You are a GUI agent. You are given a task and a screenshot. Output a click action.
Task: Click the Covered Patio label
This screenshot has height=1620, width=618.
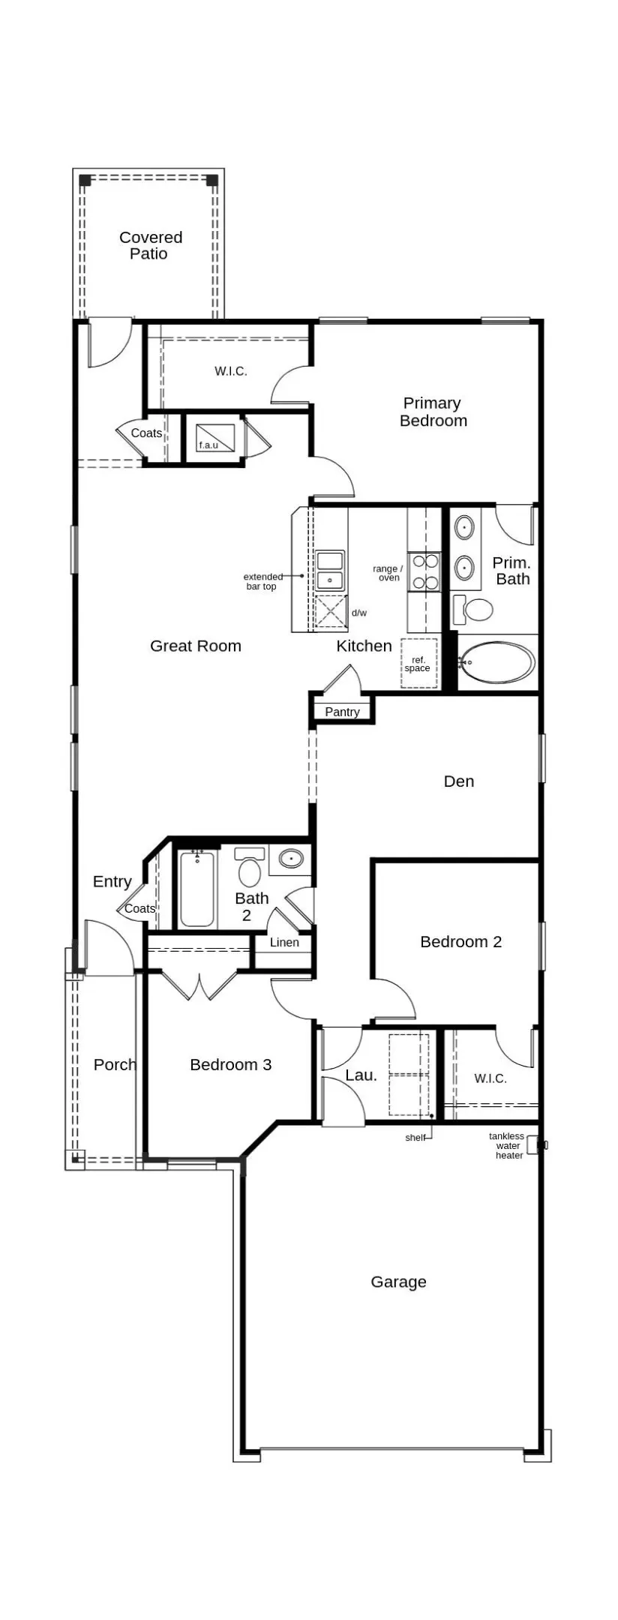coord(150,245)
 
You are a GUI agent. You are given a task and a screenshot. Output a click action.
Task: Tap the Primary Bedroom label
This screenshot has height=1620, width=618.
coord(433,412)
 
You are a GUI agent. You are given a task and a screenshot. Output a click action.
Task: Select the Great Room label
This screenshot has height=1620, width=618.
coord(196,646)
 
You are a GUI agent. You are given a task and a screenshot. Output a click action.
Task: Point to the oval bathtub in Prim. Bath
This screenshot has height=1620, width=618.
coord(496,662)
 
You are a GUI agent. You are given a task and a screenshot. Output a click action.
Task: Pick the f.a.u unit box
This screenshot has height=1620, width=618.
coord(215,437)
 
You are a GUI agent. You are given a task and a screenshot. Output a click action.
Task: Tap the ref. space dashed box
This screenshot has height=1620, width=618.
coord(418,663)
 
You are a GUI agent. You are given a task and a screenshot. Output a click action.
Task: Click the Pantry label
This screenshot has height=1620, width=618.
coord(342,712)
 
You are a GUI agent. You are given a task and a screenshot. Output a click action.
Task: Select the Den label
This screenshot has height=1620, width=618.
coord(459,781)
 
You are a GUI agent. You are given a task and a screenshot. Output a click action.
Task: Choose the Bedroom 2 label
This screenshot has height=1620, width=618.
coord(460,941)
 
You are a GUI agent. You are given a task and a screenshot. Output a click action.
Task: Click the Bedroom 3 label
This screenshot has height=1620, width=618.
coord(230,1064)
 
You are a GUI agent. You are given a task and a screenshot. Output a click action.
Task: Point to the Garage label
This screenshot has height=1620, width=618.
coord(398,1282)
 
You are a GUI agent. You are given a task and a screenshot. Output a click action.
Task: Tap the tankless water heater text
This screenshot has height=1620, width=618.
coord(507,1146)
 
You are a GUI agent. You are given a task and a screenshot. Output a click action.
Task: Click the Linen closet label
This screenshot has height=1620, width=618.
coord(284,943)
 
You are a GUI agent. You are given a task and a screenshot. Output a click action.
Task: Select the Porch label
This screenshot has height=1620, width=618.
coord(115,1064)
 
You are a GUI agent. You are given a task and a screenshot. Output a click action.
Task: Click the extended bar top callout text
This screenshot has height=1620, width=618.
coord(263,581)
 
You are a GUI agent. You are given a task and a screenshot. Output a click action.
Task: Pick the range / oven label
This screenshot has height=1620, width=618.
coord(388,573)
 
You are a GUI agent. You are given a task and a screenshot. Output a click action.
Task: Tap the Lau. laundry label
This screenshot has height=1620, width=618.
coord(361,1075)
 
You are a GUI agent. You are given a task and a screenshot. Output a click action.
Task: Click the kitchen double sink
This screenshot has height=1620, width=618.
coord(330,570)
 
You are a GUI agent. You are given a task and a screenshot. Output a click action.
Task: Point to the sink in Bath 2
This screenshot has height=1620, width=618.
coord(290,859)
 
